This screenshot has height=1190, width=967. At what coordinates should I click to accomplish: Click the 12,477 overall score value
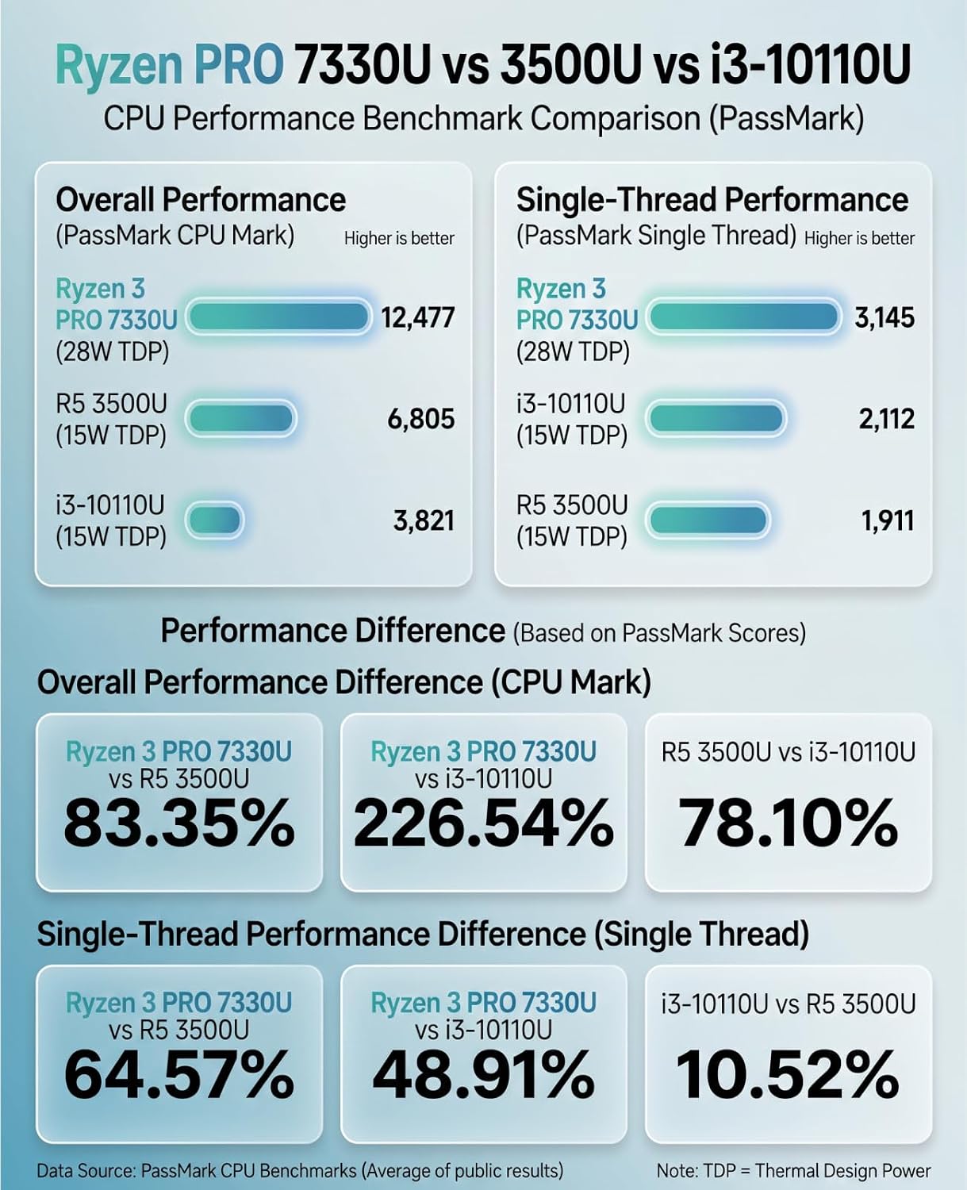click(x=417, y=318)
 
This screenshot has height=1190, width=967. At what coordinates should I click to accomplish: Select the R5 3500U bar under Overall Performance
click(x=240, y=418)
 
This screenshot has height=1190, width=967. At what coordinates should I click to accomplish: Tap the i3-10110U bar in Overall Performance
click(x=214, y=520)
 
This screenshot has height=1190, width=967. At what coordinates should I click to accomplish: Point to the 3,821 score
click(x=424, y=520)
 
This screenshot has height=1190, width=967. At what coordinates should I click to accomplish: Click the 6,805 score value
click(x=420, y=419)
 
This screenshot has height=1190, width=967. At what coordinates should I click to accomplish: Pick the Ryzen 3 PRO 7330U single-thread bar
click(x=744, y=317)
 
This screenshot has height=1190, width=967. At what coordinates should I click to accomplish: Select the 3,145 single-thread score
click(x=884, y=318)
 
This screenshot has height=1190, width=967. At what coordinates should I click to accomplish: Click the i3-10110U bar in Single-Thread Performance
click(x=716, y=418)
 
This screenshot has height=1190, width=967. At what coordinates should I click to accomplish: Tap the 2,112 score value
click(x=887, y=419)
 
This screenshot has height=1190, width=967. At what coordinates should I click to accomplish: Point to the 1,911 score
click(x=888, y=520)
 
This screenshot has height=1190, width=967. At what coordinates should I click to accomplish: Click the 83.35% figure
click(x=178, y=823)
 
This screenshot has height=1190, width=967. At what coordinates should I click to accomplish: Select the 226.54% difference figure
click(x=484, y=823)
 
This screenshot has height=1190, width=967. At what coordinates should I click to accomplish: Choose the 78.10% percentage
click(x=789, y=823)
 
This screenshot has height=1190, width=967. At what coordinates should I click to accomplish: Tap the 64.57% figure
click(x=178, y=1074)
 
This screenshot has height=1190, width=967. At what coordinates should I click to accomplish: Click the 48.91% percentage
click(x=484, y=1074)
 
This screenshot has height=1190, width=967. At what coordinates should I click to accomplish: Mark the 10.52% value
click(x=789, y=1074)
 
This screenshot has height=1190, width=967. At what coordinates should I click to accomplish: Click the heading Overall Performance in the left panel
click(x=201, y=200)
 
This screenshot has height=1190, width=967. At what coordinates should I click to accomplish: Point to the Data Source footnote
click(x=300, y=1170)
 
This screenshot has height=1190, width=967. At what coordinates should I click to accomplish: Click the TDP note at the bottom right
click(x=794, y=1170)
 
